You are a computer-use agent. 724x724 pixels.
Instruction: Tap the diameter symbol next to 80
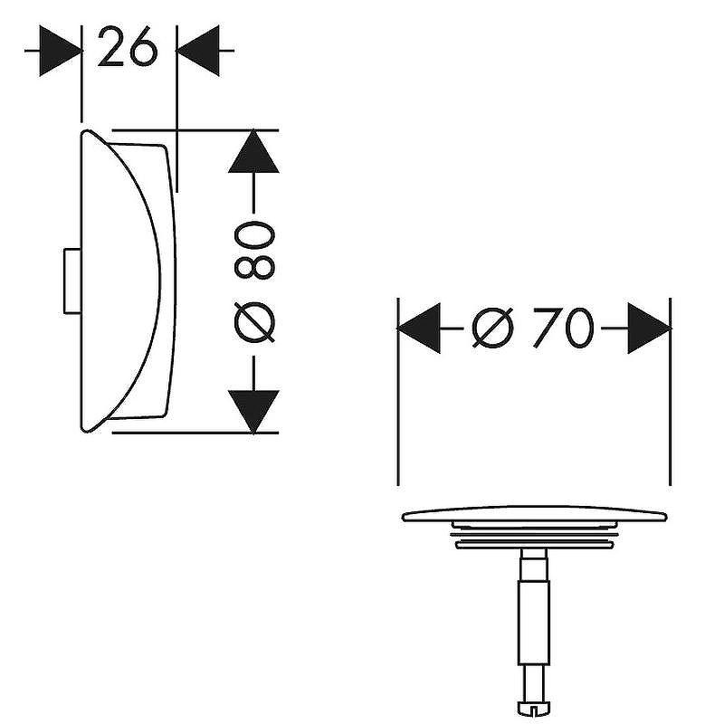(254, 321)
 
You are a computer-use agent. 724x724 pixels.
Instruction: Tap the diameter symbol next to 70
(493, 328)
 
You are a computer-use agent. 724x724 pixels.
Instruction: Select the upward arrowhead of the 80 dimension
(254, 151)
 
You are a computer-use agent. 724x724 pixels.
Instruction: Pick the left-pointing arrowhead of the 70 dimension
(419, 328)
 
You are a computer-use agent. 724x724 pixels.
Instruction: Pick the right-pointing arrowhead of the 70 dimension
(649, 328)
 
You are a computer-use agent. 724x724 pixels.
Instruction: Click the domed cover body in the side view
(127, 281)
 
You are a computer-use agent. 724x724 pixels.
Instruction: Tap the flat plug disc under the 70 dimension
(534, 517)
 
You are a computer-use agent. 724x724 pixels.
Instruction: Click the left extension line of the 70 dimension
(398, 407)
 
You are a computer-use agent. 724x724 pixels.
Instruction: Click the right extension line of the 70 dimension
(671, 407)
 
